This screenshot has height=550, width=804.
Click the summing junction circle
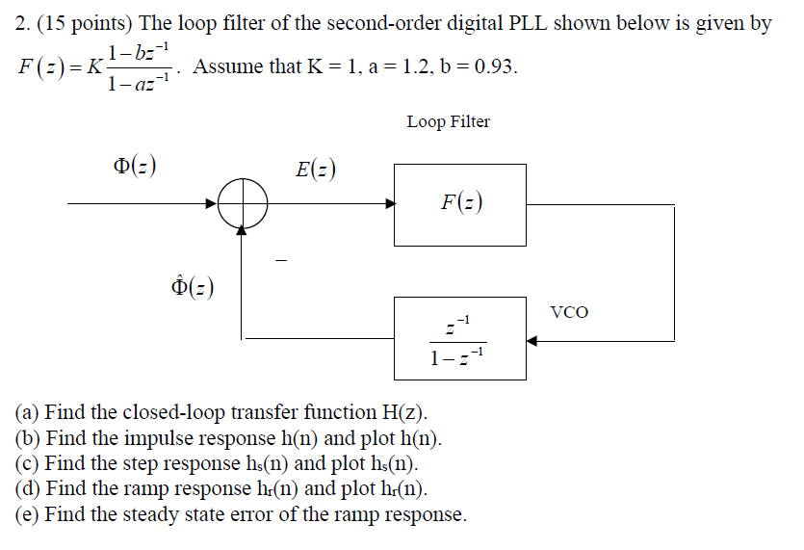(x=243, y=204)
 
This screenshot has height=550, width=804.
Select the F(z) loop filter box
(x=459, y=204)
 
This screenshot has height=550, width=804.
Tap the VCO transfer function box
(x=459, y=338)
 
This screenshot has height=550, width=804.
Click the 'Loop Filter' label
(x=448, y=121)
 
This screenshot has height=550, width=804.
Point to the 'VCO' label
(x=568, y=312)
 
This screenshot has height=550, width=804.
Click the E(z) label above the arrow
(x=317, y=170)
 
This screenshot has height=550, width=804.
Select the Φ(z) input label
(x=135, y=165)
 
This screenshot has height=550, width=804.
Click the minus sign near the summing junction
(x=281, y=258)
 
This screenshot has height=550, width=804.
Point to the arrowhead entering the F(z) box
(x=390, y=204)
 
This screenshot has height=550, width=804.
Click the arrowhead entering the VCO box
(x=530, y=340)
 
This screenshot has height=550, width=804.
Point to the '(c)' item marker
(x=28, y=464)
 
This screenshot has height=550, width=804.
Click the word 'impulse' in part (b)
(x=155, y=439)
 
